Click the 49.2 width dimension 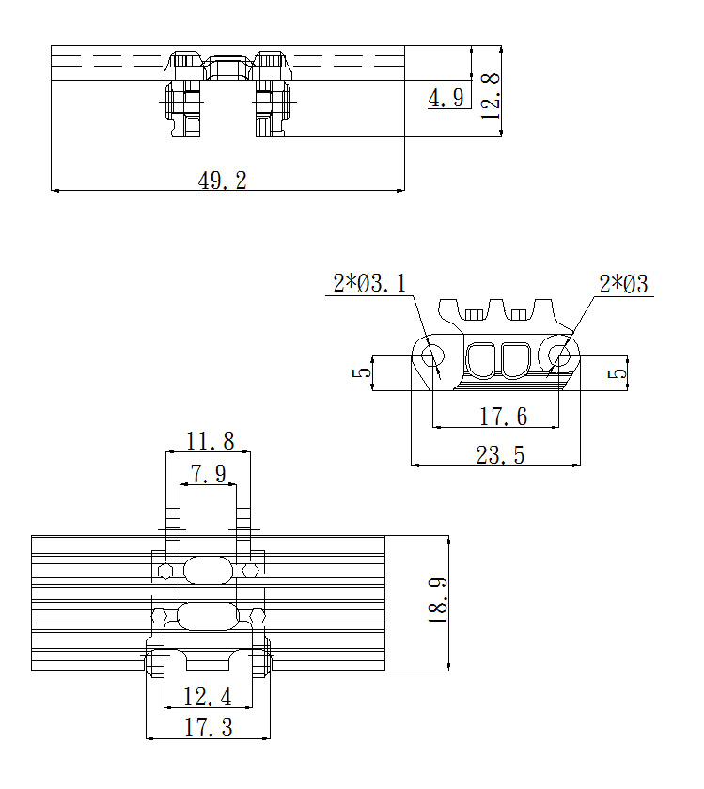(x=222, y=181)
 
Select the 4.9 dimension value (x=446, y=98)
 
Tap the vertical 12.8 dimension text (x=491, y=96)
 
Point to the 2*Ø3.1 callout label (x=369, y=283)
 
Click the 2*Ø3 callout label (x=623, y=284)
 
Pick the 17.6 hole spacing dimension (x=503, y=417)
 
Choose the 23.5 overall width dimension (x=500, y=455)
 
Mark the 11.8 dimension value (x=211, y=441)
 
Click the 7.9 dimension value (x=208, y=474)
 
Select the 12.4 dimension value (x=207, y=698)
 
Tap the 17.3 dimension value (x=208, y=728)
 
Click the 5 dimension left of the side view (x=362, y=372)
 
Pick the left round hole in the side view (x=432, y=356)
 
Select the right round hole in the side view (x=558, y=356)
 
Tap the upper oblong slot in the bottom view (x=208, y=570)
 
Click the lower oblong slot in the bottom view (x=208, y=616)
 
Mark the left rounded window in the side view (x=482, y=360)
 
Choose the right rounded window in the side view (x=516, y=360)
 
